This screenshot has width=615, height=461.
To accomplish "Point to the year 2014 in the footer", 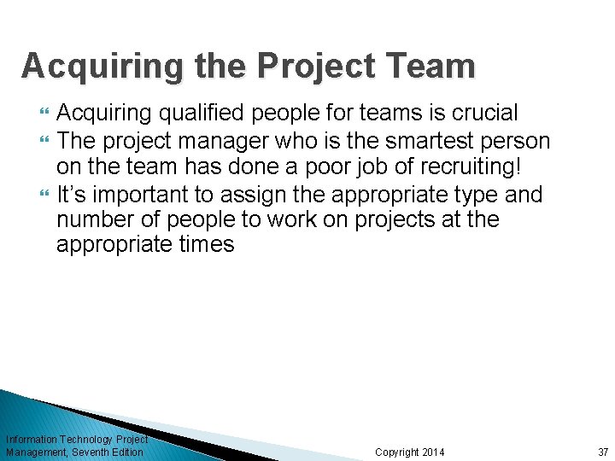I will pyautogui.click(x=434, y=452).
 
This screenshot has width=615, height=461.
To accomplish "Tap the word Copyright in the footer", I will pyautogui.click(x=397, y=452).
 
